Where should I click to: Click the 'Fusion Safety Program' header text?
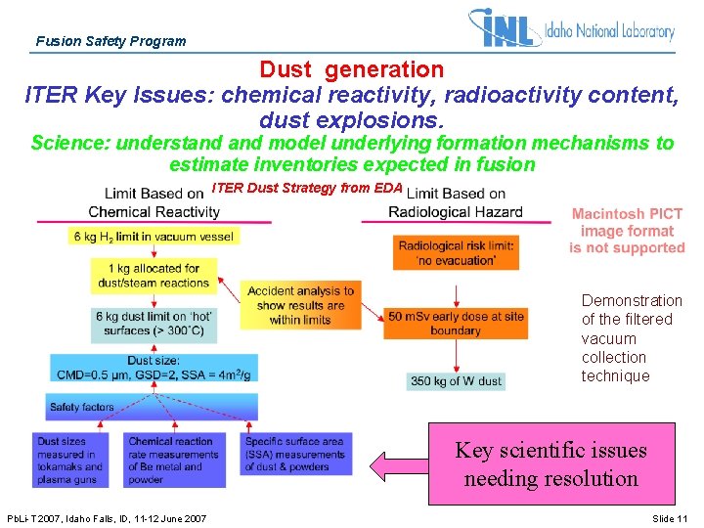tap(110, 41)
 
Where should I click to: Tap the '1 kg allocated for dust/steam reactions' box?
tap(153, 276)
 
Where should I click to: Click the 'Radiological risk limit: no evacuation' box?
tap(456, 253)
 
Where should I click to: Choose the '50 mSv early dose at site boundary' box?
tap(456, 324)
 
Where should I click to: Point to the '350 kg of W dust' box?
tap(456, 381)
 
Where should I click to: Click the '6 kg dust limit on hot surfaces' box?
tap(154, 324)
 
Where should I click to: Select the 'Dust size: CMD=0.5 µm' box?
tap(154, 368)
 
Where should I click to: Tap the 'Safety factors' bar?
tap(152, 407)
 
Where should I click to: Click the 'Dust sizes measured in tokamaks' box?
tap(74, 461)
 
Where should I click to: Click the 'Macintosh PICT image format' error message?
tap(627, 231)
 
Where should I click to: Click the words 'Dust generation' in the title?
tap(351, 69)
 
